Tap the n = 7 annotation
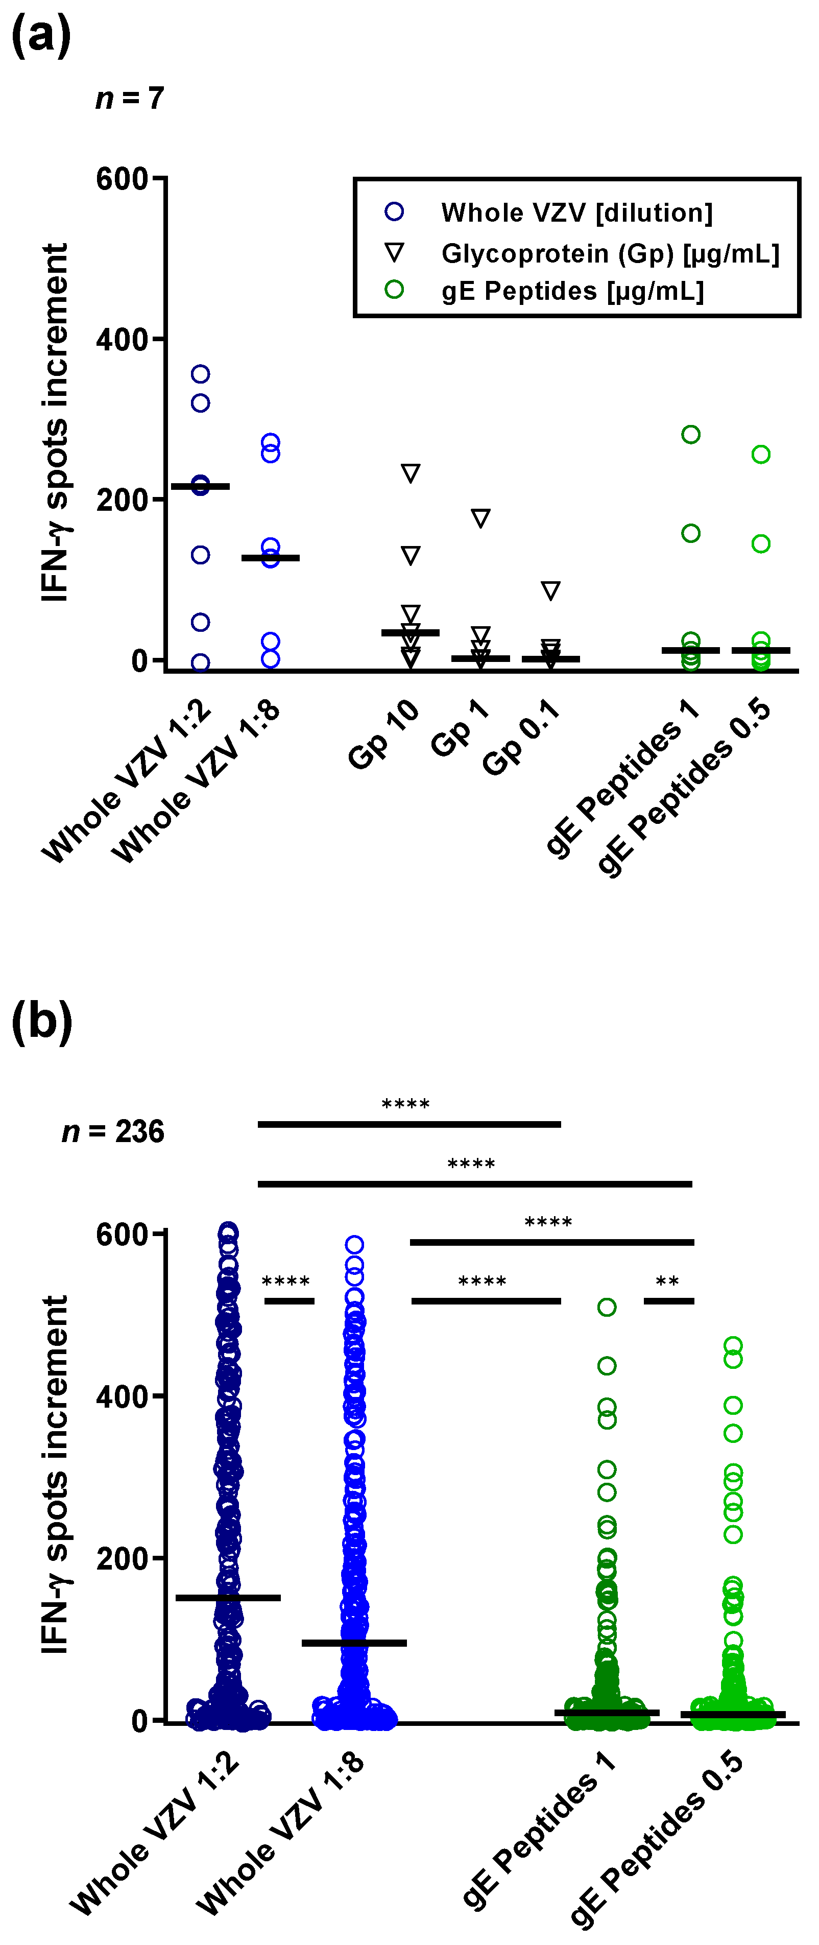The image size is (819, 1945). [x=130, y=98]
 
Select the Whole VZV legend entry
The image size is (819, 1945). [x=576, y=213]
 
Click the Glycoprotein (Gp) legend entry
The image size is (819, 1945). [x=609, y=254]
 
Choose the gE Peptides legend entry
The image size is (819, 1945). [x=572, y=291]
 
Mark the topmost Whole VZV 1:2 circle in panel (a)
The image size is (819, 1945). [x=200, y=374]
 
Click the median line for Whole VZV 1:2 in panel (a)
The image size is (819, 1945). [x=200, y=486]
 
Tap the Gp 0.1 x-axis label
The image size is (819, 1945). [x=521, y=737]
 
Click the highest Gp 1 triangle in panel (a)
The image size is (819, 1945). [x=480, y=518]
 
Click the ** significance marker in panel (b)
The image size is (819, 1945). [x=667, y=1282]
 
